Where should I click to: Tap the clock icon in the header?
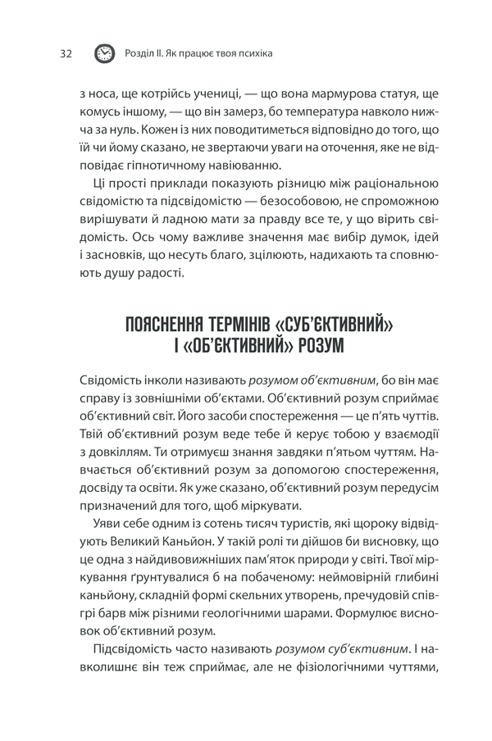point(105,53)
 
